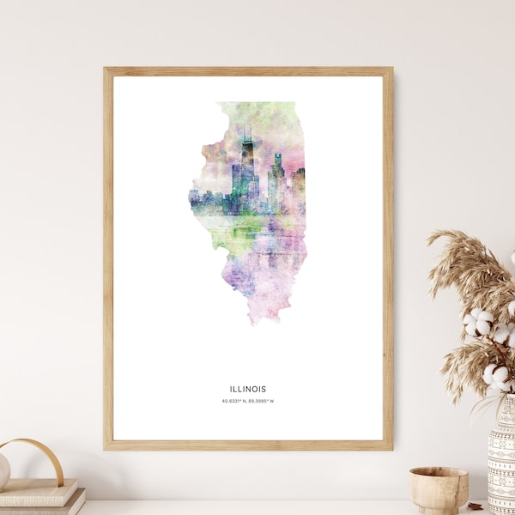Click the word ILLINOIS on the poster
click(x=248, y=389)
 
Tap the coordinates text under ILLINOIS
click(x=247, y=401)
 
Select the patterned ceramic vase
click(x=501, y=455)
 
